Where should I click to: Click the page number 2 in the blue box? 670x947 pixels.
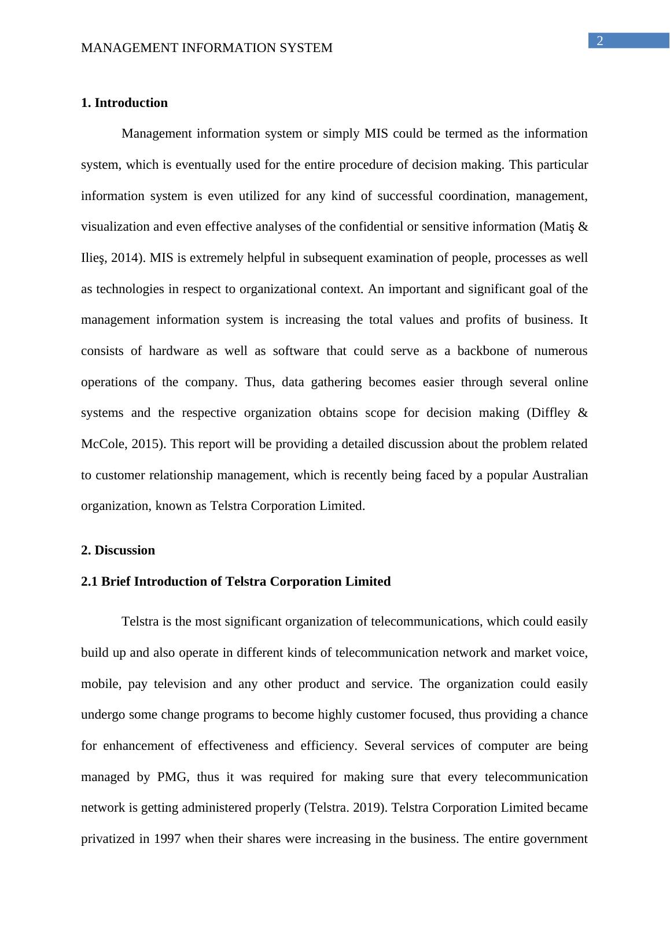click(x=600, y=40)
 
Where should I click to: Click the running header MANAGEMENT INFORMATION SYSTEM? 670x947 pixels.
click(x=207, y=48)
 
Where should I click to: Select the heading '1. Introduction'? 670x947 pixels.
click(x=124, y=103)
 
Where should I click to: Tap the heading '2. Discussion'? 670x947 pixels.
click(x=118, y=550)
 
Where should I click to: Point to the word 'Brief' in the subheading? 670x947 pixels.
click(x=116, y=582)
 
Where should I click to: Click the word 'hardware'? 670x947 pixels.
click(x=174, y=351)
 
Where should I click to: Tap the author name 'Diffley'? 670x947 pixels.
click(x=547, y=413)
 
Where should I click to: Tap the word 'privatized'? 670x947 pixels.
click(x=108, y=839)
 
